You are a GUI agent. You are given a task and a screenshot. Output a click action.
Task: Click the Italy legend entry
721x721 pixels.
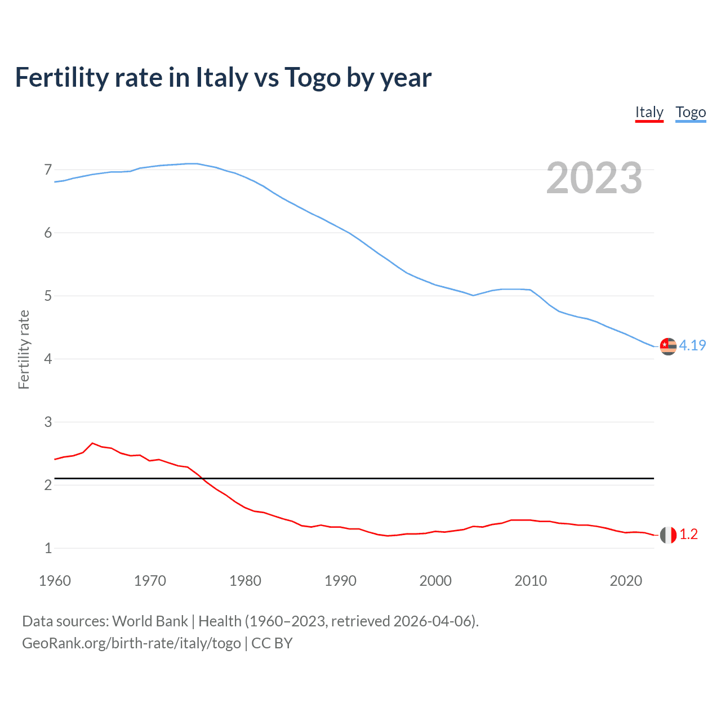click(649, 113)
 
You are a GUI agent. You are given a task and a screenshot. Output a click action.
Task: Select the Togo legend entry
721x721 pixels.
click(691, 113)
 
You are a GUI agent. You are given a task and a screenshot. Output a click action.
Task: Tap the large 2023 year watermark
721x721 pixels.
click(594, 178)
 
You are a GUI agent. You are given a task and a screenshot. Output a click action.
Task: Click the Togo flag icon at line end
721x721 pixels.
click(668, 346)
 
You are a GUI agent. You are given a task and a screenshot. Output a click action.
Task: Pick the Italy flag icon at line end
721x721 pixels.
click(668, 535)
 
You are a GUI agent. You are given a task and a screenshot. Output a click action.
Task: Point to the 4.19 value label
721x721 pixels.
click(692, 345)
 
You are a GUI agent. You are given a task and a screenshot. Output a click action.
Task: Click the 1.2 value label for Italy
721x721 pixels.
click(688, 534)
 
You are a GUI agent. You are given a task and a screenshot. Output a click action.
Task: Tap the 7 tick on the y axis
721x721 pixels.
click(48, 170)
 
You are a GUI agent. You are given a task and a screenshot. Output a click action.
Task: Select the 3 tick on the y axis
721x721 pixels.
click(48, 422)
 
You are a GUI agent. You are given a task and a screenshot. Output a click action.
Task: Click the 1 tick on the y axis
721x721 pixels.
click(48, 548)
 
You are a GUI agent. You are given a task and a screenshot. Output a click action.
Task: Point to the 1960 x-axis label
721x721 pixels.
click(55, 581)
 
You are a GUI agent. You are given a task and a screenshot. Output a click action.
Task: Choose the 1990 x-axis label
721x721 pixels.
click(340, 581)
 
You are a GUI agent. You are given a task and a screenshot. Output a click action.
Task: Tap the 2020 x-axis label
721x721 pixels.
click(626, 581)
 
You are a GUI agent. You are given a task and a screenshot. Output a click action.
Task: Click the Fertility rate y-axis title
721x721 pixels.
click(24, 349)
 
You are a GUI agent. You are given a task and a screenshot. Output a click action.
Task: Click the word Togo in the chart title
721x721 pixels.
click(313, 78)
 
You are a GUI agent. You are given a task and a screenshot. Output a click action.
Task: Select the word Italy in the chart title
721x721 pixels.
click(221, 78)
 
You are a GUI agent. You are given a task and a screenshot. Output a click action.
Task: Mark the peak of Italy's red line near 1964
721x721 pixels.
click(93, 443)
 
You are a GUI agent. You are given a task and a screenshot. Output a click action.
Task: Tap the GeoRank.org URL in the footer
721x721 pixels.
click(131, 643)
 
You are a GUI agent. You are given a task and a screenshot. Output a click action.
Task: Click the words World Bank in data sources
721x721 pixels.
click(150, 621)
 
